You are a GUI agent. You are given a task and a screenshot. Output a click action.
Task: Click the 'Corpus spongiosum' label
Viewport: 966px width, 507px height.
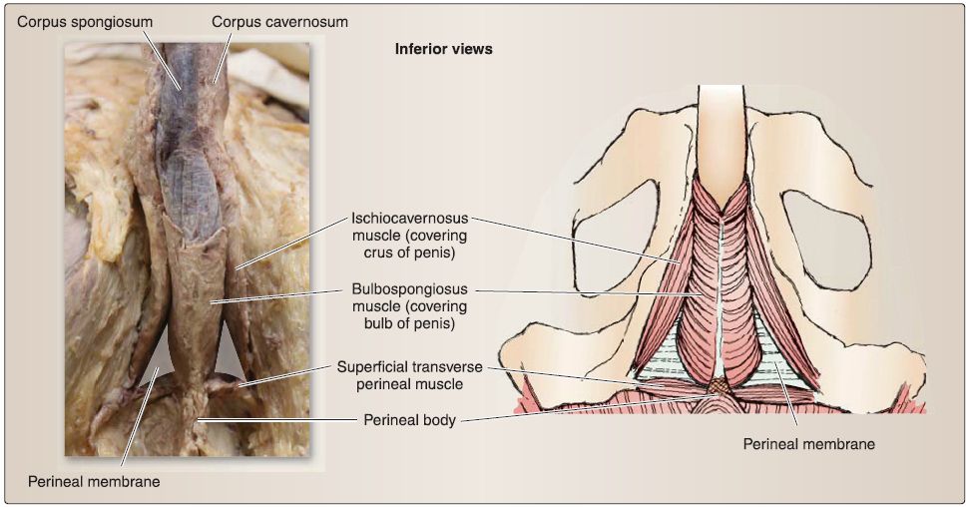click(85, 22)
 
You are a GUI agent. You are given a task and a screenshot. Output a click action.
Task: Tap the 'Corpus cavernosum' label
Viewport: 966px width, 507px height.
click(279, 22)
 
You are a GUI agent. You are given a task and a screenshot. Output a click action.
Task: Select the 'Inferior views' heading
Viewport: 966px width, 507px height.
click(443, 49)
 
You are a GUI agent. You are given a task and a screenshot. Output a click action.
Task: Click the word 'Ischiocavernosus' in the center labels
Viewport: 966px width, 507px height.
click(410, 219)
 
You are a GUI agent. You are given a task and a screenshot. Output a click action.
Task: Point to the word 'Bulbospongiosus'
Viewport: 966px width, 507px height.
click(410, 288)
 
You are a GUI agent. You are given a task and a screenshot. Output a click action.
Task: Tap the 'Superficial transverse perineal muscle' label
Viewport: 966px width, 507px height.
click(410, 375)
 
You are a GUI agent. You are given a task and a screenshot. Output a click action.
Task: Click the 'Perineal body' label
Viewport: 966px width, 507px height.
click(410, 420)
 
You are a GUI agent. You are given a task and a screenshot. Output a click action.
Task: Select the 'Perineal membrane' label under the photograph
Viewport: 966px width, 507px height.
click(94, 482)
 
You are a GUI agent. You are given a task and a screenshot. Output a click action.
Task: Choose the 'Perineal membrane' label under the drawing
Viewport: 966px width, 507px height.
click(809, 444)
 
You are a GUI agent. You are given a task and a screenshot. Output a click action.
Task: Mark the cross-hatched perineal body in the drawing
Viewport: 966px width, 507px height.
click(718, 387)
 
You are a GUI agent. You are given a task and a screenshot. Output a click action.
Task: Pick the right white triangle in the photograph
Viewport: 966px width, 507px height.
click(228, 357)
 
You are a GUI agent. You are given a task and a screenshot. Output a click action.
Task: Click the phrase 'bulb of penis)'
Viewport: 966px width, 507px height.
click(410, 323)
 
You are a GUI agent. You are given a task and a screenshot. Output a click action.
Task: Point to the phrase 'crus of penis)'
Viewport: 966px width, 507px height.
click(410, 253)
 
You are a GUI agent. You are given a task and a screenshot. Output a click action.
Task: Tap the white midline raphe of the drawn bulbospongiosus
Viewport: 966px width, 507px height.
click(721, 295)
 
